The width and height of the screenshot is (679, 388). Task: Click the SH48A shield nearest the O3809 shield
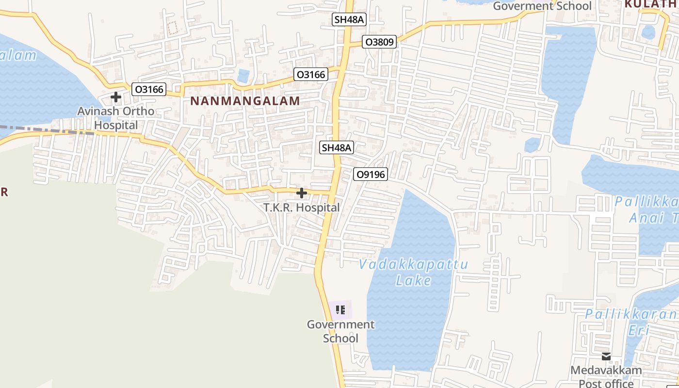point(349,19)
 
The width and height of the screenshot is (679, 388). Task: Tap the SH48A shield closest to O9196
point(337,147)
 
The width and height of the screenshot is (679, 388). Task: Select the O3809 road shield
point(379,42)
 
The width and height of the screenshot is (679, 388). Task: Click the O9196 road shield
point(371,174)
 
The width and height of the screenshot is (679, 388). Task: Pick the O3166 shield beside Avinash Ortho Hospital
point(149,89)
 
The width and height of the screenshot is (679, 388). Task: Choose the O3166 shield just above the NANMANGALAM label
point(311,74)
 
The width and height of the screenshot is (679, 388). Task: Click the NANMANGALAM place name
point(245,101)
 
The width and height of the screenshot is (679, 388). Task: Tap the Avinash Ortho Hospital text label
point(116,118)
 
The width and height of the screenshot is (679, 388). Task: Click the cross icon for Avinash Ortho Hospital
point(115,97)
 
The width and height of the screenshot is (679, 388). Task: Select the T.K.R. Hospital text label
point(301,208)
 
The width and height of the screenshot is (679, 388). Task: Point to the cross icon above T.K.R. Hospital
point(301,193)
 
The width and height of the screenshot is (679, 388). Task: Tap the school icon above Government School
point(340,309)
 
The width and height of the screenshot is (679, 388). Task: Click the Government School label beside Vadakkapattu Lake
point(340,331)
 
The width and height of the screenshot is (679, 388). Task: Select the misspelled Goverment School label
point(542,6)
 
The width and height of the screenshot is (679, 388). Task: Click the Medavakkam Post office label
point(606,377)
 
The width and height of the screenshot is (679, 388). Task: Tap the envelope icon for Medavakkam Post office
point(606,356)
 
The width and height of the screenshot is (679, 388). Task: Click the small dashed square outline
point(172,28)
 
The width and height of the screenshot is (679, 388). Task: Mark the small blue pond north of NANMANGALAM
point(243,75)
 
